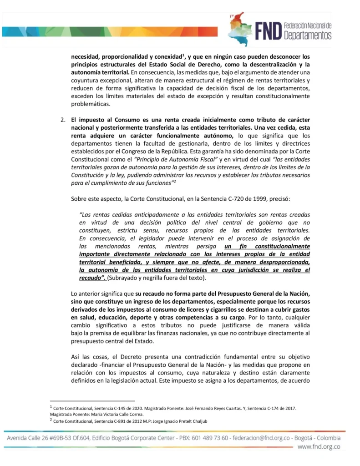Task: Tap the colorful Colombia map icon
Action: [x=239, y=29]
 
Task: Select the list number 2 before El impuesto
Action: [x=63, y=120]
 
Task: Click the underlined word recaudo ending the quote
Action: [x=91, y=277]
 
